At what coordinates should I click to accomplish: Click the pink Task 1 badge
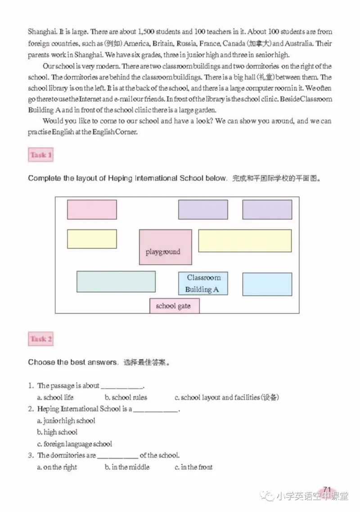coord(41,155)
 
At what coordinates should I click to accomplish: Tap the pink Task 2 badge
coord(41,339)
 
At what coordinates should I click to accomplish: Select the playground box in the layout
coord(165,247)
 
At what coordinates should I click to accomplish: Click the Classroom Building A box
coord(203,283)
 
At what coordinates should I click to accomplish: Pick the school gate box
coord(174,306)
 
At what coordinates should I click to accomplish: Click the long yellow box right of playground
coord(244,241)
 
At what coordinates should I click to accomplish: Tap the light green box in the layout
coord(116,281)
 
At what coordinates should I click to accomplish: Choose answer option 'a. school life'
coord(55,397)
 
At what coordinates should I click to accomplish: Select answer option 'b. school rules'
coord(126,397)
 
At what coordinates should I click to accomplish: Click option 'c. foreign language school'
coord(75,444)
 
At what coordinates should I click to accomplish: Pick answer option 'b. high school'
coord(57,432)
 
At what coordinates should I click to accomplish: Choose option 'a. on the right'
coord(57,467)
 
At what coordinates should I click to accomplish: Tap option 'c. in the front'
coord(193,467)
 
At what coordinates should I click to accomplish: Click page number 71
coord(327,489)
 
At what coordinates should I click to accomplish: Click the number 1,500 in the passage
coord(147,32)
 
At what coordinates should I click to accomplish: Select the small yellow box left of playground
coord(92,239)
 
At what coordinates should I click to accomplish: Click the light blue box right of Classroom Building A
coord(267,284)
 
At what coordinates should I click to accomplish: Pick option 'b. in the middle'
coord(127,467)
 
